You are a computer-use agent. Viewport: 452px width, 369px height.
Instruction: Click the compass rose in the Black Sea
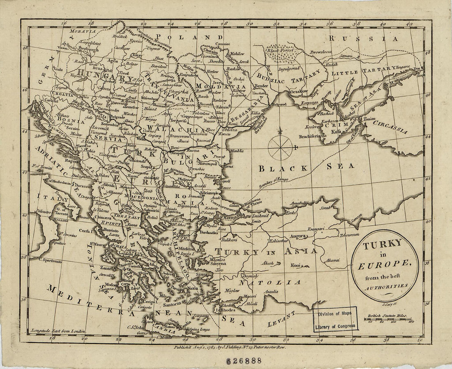pyautogui.click(x=280, y=146)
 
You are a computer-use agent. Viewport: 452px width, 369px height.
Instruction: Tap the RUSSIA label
pyautogui.click(x=364, y=39)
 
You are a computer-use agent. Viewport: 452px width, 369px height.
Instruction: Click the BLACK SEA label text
pyautogui.click(x=306, y=167)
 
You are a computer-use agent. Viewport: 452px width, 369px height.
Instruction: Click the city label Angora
pyautogui.click(x=298, y=236)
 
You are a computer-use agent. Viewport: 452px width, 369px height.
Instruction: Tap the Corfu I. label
pyautogui.click(x=85, y=231)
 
